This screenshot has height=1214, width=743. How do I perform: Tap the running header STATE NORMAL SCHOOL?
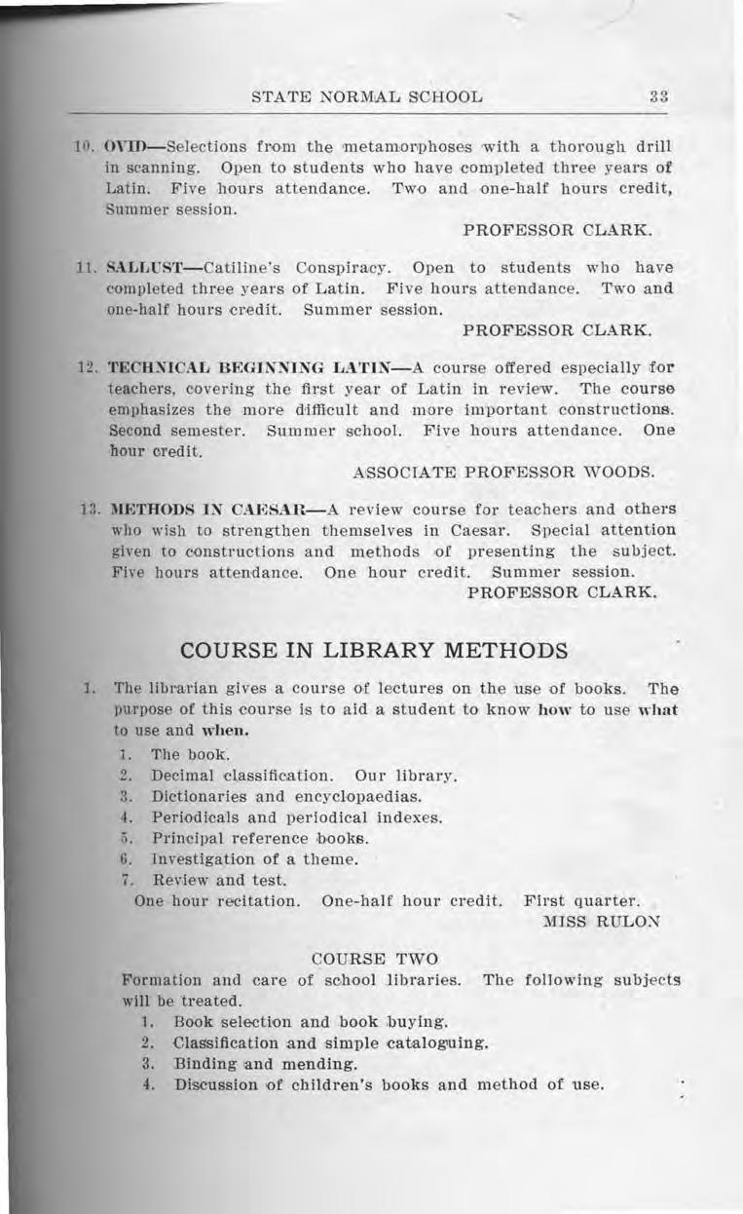pos(366,97)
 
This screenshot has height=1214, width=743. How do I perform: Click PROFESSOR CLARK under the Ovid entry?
pos(556,231)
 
